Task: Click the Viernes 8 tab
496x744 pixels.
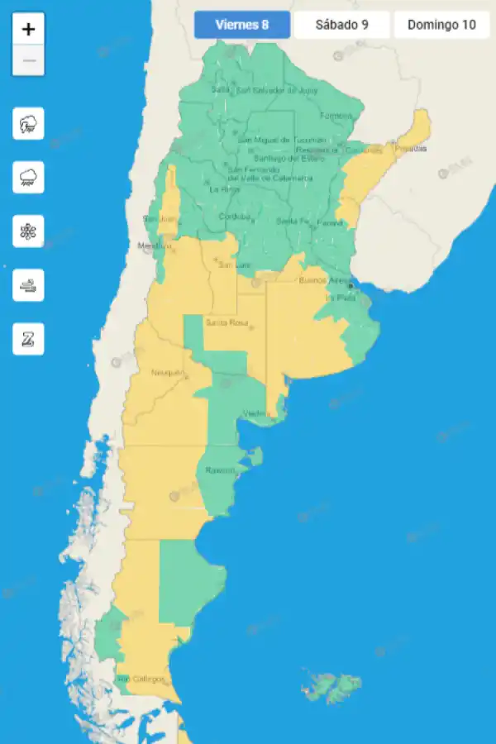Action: pos(242,25)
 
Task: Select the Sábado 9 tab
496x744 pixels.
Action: pos(341,25)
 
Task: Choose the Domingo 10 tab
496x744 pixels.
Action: pos(441,25)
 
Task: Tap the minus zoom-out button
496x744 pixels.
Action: pos(29,60)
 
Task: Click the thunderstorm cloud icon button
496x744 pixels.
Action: pos(28,124)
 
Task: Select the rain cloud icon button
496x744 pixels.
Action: pos(28,178)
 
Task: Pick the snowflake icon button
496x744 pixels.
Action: pos(28,231)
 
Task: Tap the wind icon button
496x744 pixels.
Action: pos(28,285)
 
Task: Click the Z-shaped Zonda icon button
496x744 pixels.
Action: pos(28,339)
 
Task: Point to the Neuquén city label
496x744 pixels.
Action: pos(168,373)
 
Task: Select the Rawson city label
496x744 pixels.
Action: pos(221,470)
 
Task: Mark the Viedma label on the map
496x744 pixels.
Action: pos(255,413)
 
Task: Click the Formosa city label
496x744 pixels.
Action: pos(336,115)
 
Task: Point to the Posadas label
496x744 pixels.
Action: pos(411,148)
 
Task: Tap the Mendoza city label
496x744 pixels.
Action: pos(154,246)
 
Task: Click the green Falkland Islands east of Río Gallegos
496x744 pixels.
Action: pos(331,687)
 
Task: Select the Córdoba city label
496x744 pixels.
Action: pos(234,217)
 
